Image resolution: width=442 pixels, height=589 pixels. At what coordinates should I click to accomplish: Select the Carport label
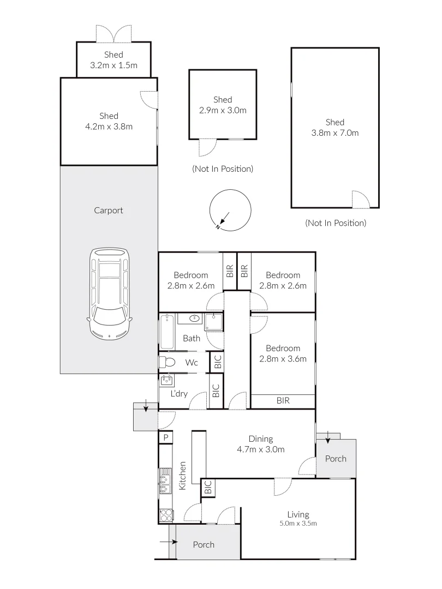click(109, 211)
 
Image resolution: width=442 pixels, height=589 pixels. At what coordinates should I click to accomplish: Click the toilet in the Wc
click(167, 362)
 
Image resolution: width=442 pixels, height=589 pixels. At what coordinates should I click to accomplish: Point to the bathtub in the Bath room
click(167, 332)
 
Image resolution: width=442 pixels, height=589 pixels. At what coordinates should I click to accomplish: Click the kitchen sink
click(165, 480)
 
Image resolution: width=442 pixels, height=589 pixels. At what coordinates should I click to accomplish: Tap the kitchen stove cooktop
click(165, 515)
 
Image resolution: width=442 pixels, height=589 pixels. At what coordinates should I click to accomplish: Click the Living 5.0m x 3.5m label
click(298, 518)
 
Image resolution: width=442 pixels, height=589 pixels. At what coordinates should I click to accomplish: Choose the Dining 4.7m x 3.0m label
click(260, 444)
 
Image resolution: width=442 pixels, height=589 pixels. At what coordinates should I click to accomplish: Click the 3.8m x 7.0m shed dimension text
click(335, 133)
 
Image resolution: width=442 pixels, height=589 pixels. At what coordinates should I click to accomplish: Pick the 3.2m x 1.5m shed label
click(114, 60)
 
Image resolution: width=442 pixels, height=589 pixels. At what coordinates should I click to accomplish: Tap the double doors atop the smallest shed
click(114, 34)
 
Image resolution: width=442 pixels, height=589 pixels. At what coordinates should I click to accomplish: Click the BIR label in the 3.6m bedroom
click(283, 401)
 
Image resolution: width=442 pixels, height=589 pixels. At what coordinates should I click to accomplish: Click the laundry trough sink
click(167, 380)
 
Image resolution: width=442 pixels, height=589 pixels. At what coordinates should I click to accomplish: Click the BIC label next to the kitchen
click(207, 488)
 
